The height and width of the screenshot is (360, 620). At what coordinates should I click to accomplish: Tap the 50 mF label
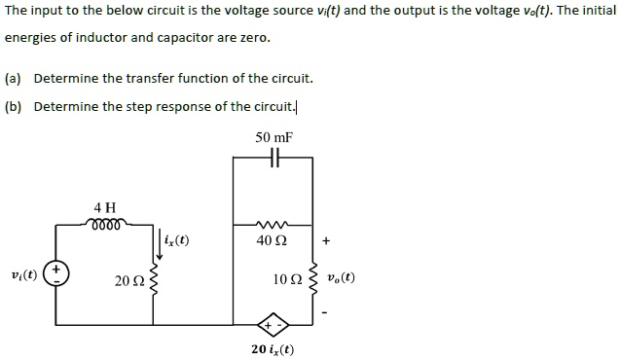click(x=274, y=137)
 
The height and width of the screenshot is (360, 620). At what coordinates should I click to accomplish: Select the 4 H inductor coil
click(x=105, y=224)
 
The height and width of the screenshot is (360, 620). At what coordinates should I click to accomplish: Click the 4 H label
click(x=105, y=207)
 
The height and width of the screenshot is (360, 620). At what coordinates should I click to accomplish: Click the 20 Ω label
click(x=128, y=281)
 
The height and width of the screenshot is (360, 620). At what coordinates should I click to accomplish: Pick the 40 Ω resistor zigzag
click(x=273, y=224)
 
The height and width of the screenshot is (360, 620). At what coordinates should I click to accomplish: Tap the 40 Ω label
click(x=274, y=240)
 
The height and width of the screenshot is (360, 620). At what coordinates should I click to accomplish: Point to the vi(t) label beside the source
click(x=23, y=274)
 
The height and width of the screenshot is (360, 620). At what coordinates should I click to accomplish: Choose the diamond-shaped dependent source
click(x=272, y=324)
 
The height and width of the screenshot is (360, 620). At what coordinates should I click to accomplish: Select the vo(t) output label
click(x=341, y=276)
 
